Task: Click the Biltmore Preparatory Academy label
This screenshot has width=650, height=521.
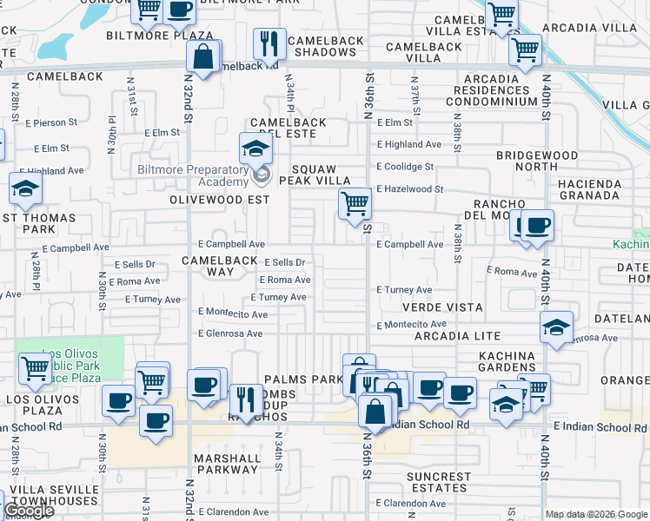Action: click(x=193, y=175)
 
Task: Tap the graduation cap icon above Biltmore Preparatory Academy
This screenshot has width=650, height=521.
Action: click(x=255, y=148)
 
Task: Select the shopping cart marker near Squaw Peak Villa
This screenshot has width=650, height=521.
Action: click(x=354, y=205)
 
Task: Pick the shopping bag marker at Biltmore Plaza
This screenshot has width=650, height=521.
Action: click(x=202, y=57)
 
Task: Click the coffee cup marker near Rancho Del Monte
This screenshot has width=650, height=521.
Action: click(x=536, y=226)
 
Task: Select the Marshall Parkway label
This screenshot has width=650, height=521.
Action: click(x=227, y=464)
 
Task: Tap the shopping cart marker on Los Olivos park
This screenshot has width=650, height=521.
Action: click(x=35, y=368)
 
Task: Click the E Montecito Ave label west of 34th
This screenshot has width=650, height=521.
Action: click(x=232, y=312)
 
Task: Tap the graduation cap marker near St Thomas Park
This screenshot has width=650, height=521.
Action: click(x=26, y=188)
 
